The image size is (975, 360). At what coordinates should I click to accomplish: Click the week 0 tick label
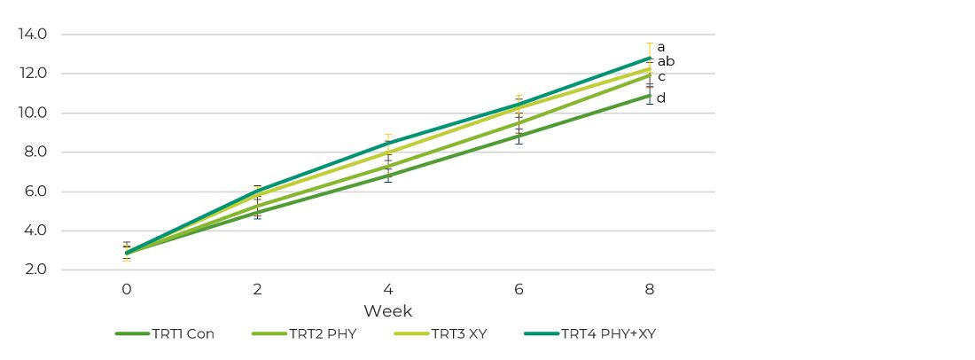pyautogui.click(x=127, y=290)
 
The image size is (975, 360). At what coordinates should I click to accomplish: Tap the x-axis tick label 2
pyautogui.click(x=257, y=290)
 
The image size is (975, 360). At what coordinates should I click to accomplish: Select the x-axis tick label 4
pyautogui.click(x=388, y=290)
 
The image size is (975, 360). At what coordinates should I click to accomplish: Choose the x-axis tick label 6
pyautogui.click(x=519, y=290)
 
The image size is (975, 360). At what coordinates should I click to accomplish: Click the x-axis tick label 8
pyautogui.click(x=650, y=290)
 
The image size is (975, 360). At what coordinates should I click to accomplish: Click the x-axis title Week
pyautogui.click(x=387, y=311)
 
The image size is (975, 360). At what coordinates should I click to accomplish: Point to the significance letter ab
pyautogui.click(x=666, y=61)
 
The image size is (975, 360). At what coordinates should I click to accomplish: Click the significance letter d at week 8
pyautogui.click(x=660, y=98)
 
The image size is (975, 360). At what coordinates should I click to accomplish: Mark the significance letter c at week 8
pyautogui.click(x=661, y=76)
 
